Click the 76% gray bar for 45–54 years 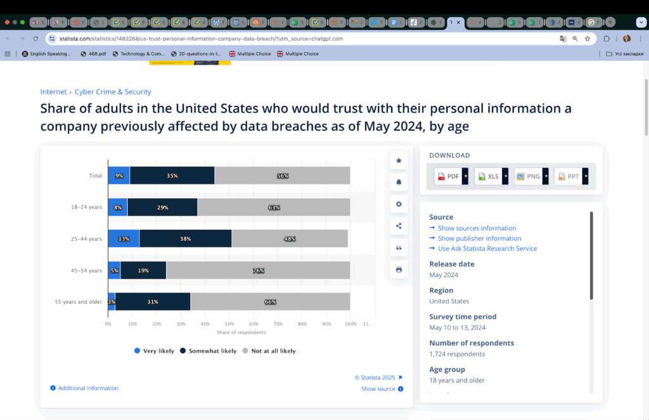tap(258, 270)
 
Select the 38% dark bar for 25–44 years tap(186, 239)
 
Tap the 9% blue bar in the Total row tap(119, 175)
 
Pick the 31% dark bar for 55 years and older tap(153, 302)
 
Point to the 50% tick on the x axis tap(229, 324)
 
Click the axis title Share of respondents tap(241, 332)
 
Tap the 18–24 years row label tap(86, 207)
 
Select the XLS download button tap(489, 176)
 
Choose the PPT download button tap(569, 176)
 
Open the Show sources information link tap(477, 228)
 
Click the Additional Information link tap(88, 388)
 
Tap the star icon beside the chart tap(399, 161)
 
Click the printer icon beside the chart tap(399, 270)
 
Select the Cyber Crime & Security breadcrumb tap(113, 92)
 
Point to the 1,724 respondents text tap(457, 354)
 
